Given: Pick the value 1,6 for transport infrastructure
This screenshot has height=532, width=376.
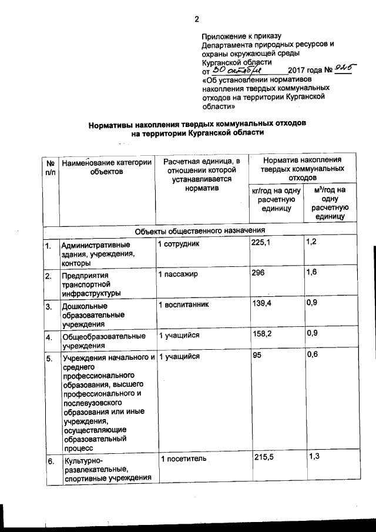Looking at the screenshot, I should pyautogui.click(x=312, y=273).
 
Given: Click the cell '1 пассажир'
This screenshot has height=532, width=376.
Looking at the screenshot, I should pyautogui.click(x=179, y=274).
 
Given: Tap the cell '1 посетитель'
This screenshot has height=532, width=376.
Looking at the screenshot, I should pyautogui.click(x=183, y=458).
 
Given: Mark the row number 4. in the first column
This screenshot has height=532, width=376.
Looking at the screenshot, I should pyautogui.click(x=50, y=337).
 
